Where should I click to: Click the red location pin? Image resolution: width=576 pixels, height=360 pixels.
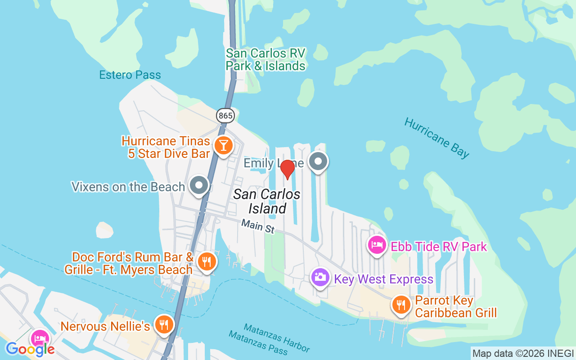287,169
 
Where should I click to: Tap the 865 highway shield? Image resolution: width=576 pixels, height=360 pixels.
225,116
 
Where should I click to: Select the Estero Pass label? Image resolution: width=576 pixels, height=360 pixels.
130,75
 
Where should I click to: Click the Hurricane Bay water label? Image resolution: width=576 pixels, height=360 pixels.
436,137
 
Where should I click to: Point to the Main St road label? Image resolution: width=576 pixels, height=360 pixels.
257,226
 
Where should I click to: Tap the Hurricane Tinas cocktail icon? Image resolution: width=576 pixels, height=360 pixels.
223,145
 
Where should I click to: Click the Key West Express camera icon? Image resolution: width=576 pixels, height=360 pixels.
320,277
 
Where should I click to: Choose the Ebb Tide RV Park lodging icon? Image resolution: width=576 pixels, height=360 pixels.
377,244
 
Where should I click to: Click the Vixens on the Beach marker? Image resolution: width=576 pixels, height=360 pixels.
198,185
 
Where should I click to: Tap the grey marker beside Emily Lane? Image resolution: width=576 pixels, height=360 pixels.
318,161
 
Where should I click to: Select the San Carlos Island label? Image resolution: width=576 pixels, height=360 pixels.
267,201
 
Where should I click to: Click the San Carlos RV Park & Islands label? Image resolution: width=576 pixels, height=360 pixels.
265,59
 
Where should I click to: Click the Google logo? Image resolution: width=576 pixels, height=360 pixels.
30,349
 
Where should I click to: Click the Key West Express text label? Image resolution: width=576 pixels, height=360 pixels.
383,279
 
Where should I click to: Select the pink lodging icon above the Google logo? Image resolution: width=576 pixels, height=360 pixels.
40,338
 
